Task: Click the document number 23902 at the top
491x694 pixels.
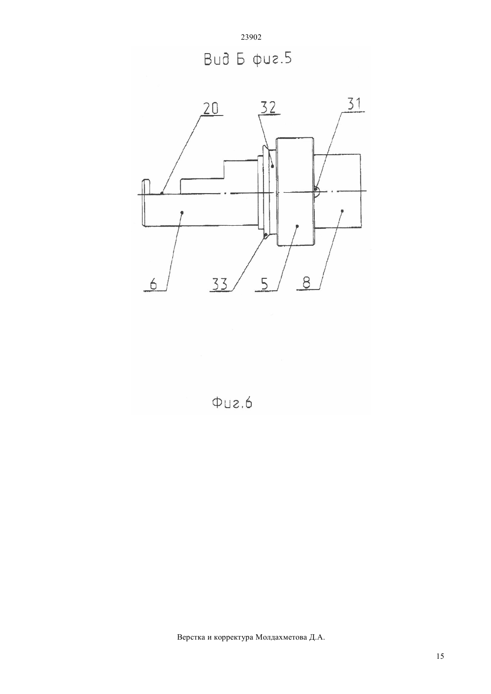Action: point(251,37)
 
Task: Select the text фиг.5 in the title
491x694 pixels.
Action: point(272,59)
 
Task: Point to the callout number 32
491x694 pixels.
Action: point(268,107)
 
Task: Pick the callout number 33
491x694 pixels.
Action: point(221,284)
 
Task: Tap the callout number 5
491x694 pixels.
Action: point(264,284)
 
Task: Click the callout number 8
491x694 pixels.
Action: point(306,283)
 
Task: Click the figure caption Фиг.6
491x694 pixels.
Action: point(232,403)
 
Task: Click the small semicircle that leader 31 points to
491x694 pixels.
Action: point(317,191)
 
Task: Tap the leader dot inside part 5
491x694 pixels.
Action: point(297,226)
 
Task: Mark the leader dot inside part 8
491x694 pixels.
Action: point(342,211)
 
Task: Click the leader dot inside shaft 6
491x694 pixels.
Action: point(182,212)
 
